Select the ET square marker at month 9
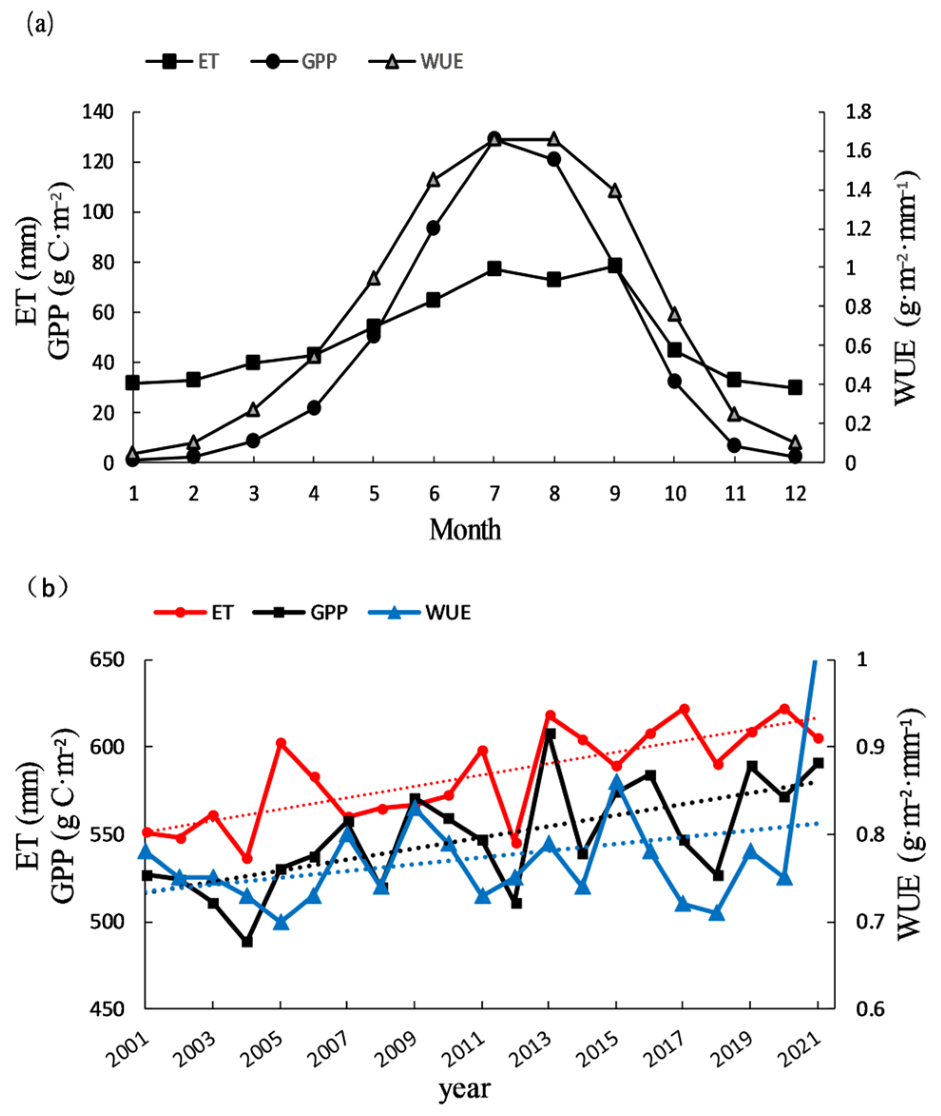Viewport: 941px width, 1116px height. point(615,265)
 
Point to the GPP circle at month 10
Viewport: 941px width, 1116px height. point(675,381)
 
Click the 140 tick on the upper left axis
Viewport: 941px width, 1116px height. point(97,113)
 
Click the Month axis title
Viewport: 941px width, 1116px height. point(465,530)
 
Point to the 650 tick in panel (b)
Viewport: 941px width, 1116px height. point(106,660)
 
